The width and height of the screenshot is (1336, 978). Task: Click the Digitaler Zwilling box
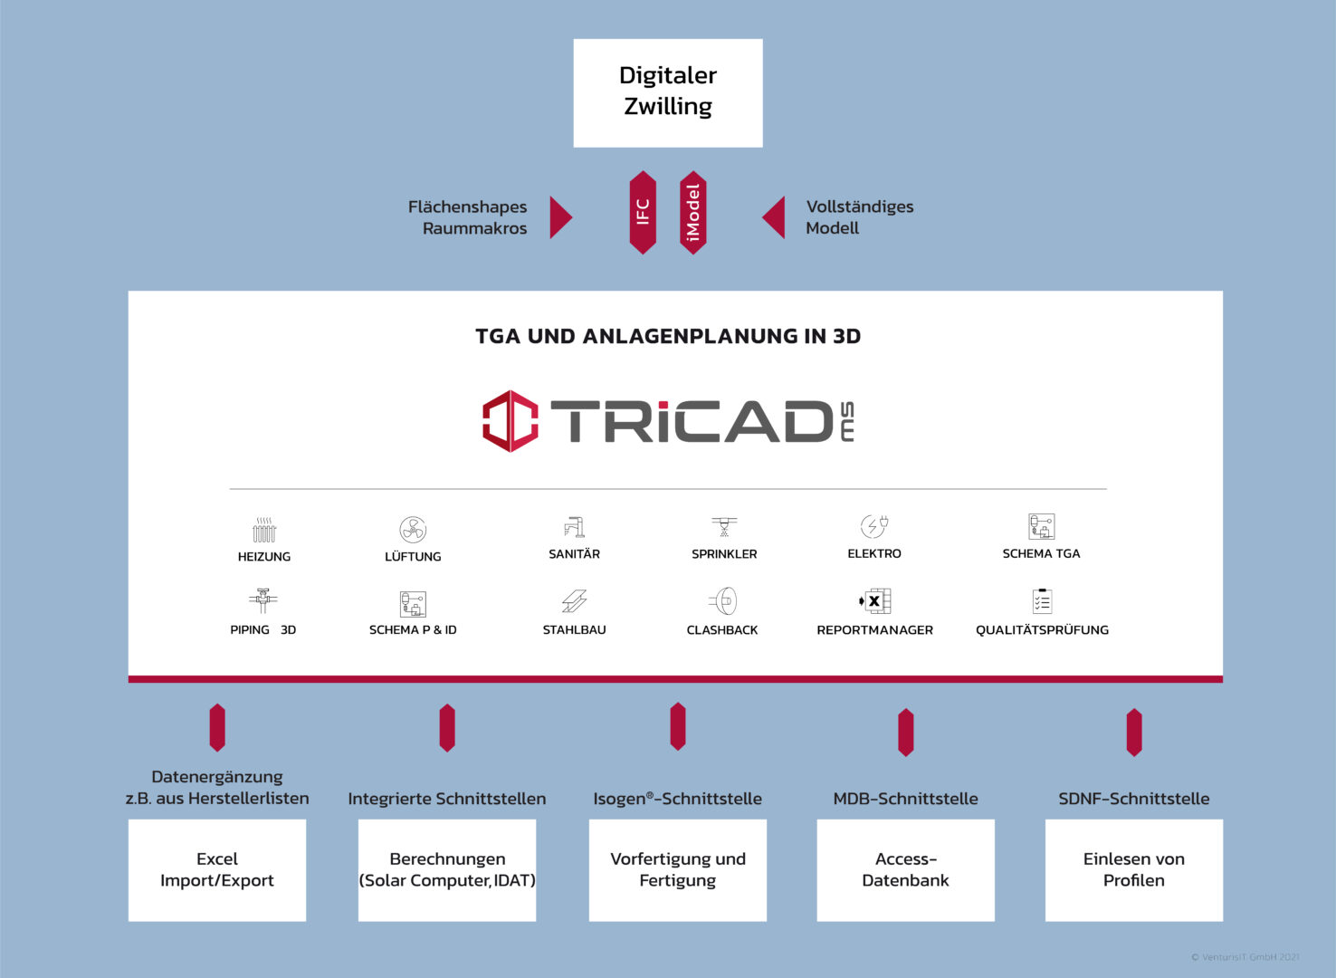pos(667,93)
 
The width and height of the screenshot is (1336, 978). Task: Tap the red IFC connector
pos(643,213)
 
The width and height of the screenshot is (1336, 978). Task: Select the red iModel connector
pos(692,213)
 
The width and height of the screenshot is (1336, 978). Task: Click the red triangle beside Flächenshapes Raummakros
pos(560,217)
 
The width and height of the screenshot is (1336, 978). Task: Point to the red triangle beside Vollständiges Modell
pos(774,217)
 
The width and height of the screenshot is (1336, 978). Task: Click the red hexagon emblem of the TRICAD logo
pos(510,421)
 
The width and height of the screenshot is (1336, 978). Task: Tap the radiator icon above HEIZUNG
pos(263,530)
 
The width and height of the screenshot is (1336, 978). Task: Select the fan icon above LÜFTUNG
pos(413,529)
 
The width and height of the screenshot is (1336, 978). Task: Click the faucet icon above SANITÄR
pos(575,528)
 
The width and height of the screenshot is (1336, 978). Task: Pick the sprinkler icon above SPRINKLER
pos(724,527)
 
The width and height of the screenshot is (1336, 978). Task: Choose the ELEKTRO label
pos(873,553)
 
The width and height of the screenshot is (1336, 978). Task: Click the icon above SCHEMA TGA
pos(1041,526)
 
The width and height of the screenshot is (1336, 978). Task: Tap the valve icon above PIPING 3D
pos(263,601)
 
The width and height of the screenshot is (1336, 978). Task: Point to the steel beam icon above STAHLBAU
pos(574,601)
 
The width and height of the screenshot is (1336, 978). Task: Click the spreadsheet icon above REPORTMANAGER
pos(874,601)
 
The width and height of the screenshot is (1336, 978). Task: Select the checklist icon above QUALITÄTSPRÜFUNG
pos(1042,601)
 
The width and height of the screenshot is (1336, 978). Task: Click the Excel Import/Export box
pos(217,870)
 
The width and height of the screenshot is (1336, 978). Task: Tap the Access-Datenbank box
pos(905,870)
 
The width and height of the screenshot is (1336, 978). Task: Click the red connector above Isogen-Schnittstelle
pos(678,726)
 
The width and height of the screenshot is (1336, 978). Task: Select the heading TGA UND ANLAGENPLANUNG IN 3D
pos(668,336)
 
